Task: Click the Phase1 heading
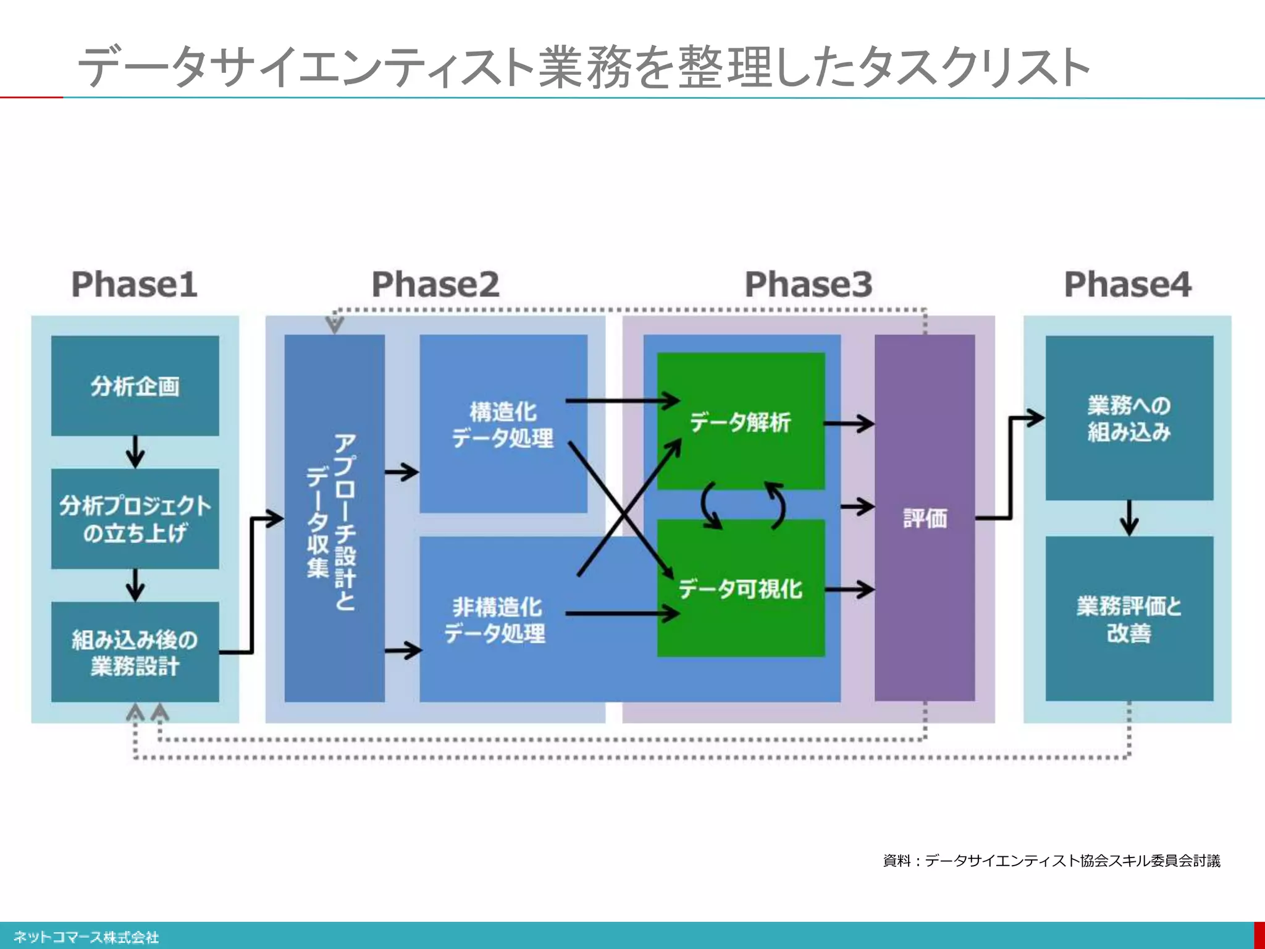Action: pos(134,284)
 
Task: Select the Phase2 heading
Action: pos(435,284)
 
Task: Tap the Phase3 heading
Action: pos(808,284)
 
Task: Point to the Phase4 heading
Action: pos(1127,284)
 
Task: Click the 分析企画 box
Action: pos(135,386)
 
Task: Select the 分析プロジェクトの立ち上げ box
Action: pos(135,518)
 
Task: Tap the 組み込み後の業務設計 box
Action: pos(135,652)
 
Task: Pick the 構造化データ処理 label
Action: pos(503,424)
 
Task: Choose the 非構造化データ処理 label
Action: pos(495,620)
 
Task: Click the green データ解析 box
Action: pos(741,421)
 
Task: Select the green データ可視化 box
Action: pos(741,588)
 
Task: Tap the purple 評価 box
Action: pos(924,518)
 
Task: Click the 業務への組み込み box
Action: pos(1128,418)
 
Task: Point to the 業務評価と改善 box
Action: pos(1128,618)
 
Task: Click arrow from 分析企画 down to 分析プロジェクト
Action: pos(135,452)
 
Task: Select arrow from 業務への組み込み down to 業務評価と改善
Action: pos(1129,518)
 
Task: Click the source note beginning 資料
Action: pos(1051,861)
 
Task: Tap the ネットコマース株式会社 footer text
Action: pos(86,937)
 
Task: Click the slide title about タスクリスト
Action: pos(583,67)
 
